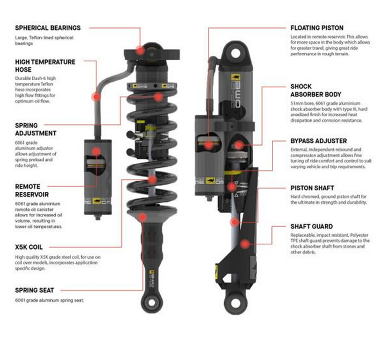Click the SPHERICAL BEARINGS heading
(47, 27)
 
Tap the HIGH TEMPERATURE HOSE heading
(45, 66)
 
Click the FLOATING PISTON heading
(317, 27)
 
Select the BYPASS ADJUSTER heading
(318, 141)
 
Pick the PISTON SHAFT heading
(313, 188)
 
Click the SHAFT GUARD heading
(311, 227)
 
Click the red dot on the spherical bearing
(140, 50)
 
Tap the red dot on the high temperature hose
(97, 96)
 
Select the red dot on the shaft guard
(246, 244)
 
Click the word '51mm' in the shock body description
(298, 102)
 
